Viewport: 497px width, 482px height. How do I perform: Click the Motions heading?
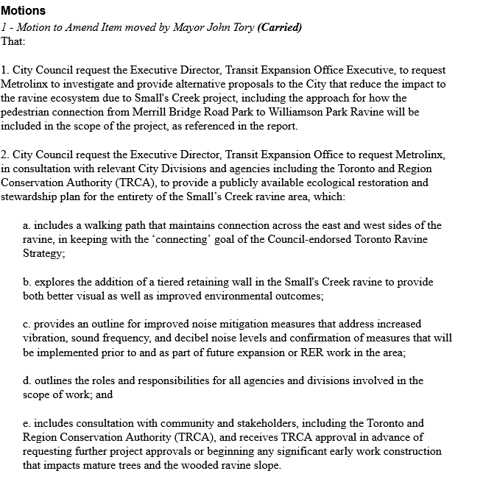click(x=23, y=11)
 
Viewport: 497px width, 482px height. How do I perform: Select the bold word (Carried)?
click(x=280, y=27)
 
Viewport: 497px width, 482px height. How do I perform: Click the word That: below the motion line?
click(x=13, y=41)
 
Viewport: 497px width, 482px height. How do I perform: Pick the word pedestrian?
click(x=30, y=112)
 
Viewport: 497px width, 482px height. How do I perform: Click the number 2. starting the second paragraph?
click(x=5, y=155)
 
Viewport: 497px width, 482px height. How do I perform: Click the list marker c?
click(x=27, y=324)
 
